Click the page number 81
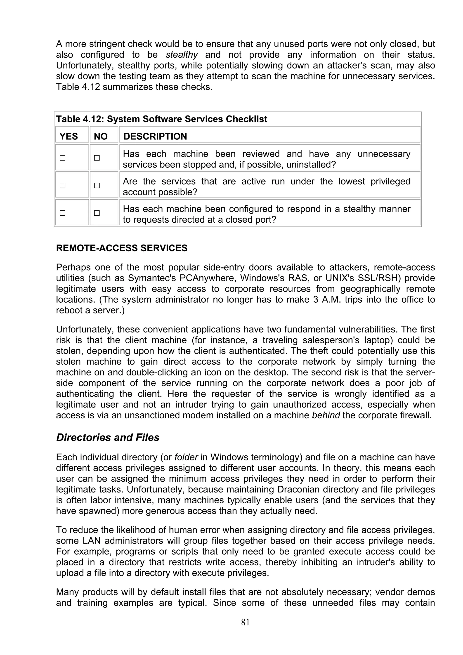(245, 622)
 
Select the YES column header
(69, 136)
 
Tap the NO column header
(100, 136)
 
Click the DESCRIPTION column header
(155, 136)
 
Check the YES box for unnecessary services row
(62, 158)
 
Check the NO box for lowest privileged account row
(97, 185)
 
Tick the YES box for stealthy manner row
(62, 213)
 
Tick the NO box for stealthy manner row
(97, 213)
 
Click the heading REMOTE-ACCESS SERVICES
(122, 248)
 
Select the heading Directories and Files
(108, 437)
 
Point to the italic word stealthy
(182, 54)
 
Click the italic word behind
(326, 415)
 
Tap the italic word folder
(186, 457)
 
